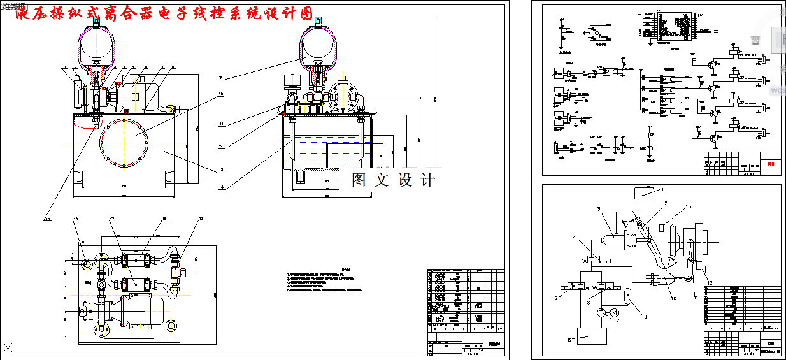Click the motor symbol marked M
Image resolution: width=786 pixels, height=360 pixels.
[x=614, y=312]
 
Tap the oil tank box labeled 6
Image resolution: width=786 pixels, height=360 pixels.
[x=592, y=336]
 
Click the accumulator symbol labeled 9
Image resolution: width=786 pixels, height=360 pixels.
[x=628, y=294]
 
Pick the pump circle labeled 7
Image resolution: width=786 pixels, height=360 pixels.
[x=601, y=312]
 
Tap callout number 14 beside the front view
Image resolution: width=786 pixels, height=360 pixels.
[x=221, y=187]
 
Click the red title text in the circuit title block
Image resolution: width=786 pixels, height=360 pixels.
[x=770, y=162]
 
